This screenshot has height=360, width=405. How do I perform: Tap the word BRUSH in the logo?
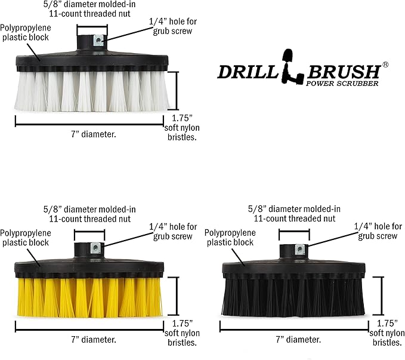[344, 72]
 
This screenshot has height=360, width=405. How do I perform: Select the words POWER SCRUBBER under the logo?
[342, 84]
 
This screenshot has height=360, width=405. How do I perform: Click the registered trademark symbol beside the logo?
[385, 64]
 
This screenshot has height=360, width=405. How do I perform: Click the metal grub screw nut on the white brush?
[98, 41]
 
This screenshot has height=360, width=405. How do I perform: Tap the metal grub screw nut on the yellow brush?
[95, 248]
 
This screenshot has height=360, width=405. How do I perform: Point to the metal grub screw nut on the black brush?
[299, 249]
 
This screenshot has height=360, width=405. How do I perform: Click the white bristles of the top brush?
[92, 91]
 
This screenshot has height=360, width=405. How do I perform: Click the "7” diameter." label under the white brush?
[94, 134]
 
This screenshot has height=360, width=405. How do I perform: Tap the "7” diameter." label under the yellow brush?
[94, 340]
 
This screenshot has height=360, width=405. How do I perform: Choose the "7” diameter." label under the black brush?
[298, 340]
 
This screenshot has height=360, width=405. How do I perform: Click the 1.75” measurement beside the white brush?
[182, 118]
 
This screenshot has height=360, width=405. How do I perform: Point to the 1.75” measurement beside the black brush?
[387, 323]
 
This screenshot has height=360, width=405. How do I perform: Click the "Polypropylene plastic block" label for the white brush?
[25, 33]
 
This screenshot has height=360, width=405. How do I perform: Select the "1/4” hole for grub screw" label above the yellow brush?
[173, 232]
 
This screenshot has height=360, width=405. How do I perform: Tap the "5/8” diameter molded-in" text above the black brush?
[294, 209]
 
